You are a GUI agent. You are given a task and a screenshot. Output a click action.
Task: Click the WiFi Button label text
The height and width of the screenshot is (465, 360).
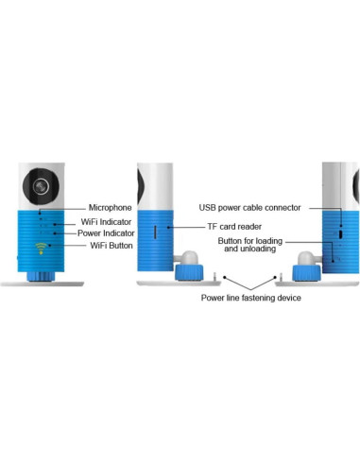(x=110, y=247)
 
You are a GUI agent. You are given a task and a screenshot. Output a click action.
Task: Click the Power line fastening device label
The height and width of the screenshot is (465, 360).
(x=250, y=298)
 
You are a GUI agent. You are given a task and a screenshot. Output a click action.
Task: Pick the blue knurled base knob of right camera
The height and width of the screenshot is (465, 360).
(x=306, y=273)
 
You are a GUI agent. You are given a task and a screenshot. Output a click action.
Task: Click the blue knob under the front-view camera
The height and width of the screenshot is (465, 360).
(x=39, y=275)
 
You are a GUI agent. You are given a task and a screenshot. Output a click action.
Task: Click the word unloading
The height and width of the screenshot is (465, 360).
(x=257, y=250)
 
